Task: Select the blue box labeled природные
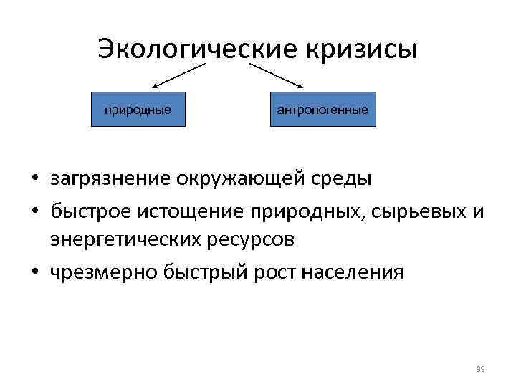click(x=138, y=110)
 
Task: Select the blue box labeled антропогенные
click(x=322, y=110)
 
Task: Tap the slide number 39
click(x=480, y=369)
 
